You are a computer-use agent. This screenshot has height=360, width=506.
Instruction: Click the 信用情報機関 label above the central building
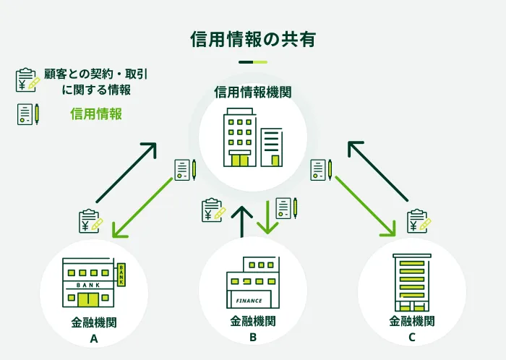[252, 93]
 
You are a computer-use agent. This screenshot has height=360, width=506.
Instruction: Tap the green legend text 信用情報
[96, 113]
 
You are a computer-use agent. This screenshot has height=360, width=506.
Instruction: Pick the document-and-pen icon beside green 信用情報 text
[27, 114]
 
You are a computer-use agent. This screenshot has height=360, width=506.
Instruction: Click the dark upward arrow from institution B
[242, 220]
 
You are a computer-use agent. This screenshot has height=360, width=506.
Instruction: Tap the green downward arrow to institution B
[267, 217]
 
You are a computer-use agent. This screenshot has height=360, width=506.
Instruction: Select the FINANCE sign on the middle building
[249, 299]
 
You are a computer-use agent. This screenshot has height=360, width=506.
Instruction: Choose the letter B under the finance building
[253, 338]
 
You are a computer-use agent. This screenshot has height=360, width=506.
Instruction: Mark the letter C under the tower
[411, 338]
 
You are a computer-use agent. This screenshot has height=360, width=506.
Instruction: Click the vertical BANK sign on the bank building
[121, 274]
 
